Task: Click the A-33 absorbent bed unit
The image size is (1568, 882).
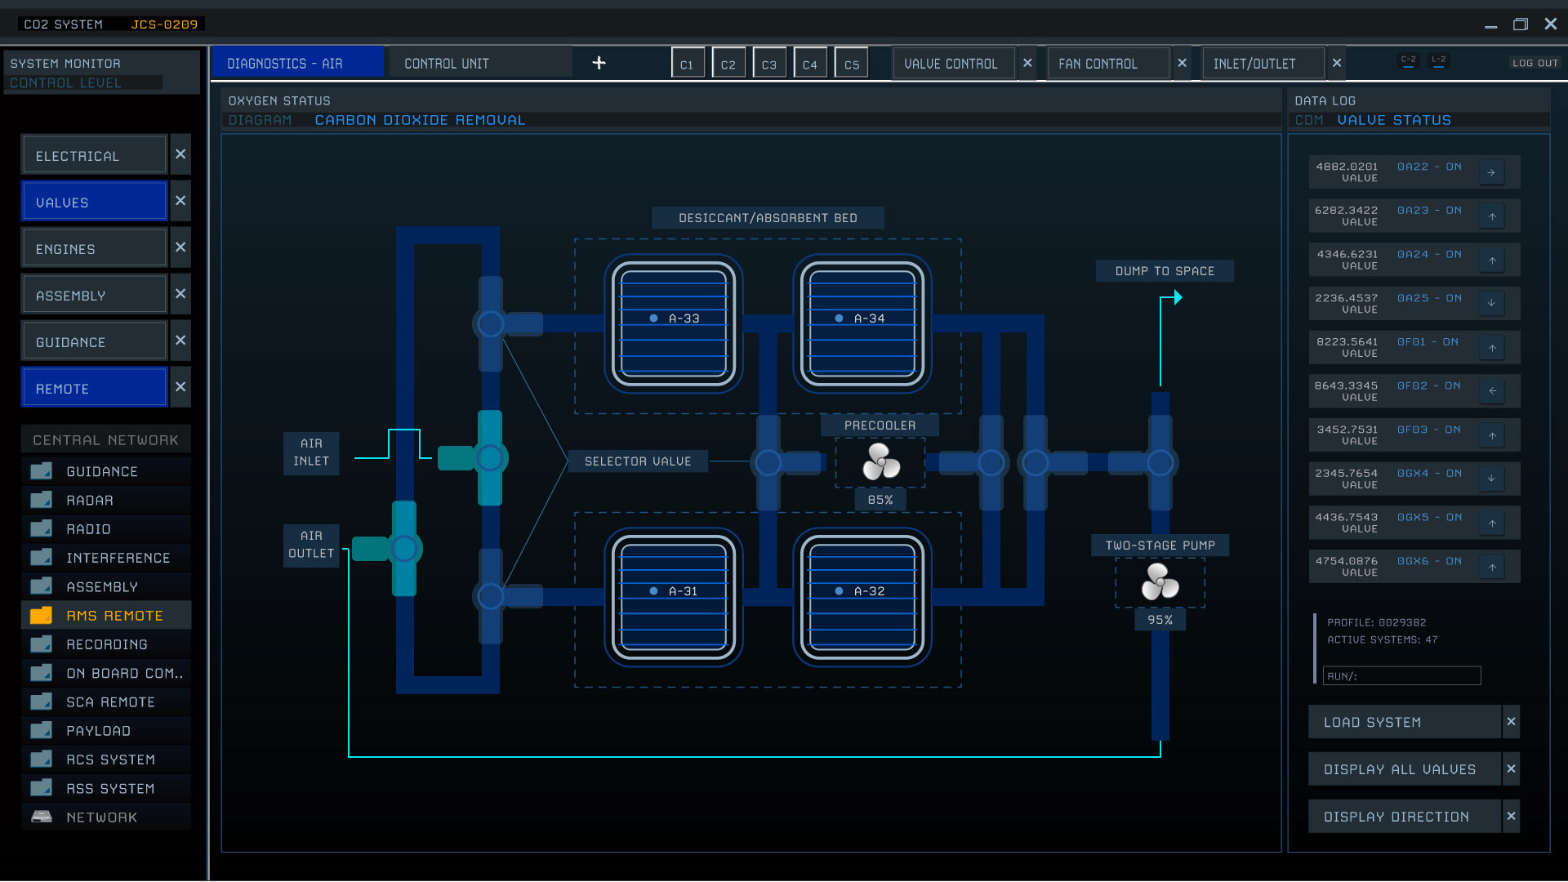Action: [674, 323]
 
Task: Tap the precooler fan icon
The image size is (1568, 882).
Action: [880, 462]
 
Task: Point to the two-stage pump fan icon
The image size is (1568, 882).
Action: [1160, 582]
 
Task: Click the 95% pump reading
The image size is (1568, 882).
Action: [1160, 620]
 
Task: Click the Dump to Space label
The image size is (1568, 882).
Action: [1165, 271]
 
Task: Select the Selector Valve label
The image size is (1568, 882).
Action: [638, 461]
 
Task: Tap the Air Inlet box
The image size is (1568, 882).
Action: [311, 452]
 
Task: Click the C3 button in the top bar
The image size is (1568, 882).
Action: [769, 64]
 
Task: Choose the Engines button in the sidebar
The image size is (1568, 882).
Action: [95, 249]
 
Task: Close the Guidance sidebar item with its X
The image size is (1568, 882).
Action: [180, 340]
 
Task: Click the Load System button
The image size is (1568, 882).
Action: [1405, 722]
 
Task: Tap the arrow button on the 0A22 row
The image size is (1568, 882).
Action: [1491, 172]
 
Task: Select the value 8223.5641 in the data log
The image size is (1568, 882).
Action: [1347, 342]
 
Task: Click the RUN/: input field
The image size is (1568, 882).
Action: [1401, 676]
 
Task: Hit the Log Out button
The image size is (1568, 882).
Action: [1535, 63]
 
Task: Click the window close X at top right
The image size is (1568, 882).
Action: [1551, 24]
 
